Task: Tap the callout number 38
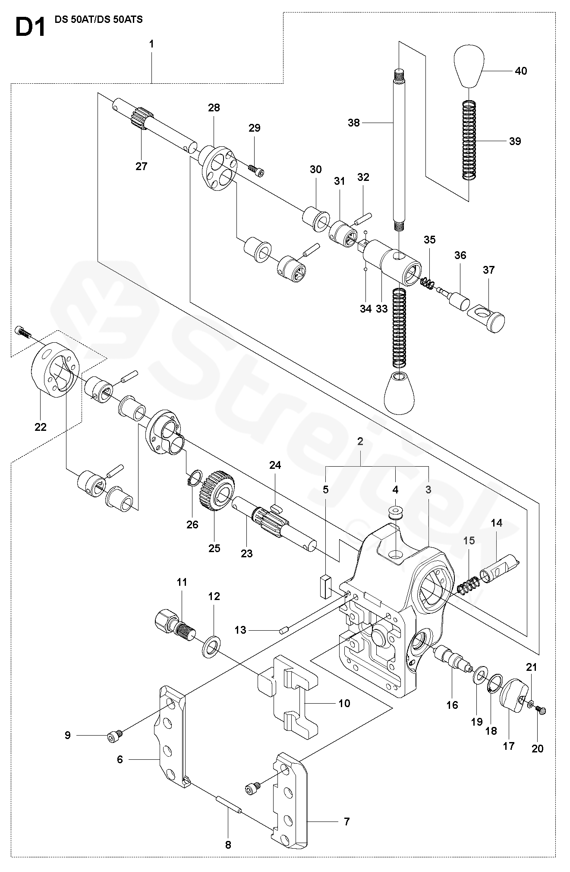tap(354, 123)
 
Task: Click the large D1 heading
tap(30, 30)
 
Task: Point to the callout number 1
tap(151, 44)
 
